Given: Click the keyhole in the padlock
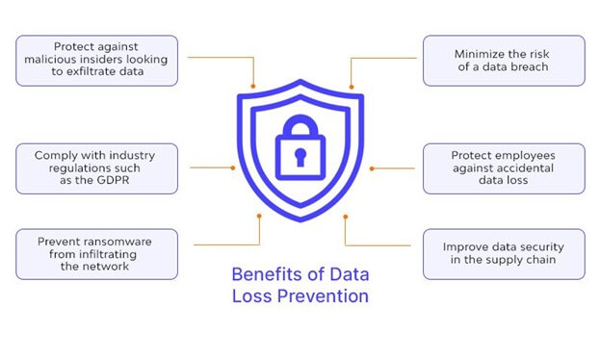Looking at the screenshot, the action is [300, 156].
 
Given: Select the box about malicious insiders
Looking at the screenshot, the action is [97, 61].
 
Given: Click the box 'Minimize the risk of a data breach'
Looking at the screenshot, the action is [503, 61].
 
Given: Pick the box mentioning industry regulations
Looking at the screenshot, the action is [97, 169].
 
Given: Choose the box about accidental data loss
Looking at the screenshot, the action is [503, 169].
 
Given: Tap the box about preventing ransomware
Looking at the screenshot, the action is [97, 253].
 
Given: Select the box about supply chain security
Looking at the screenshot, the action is [503, 253].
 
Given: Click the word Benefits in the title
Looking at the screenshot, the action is [264, 274].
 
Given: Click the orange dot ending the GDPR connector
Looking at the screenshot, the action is [233, 168].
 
